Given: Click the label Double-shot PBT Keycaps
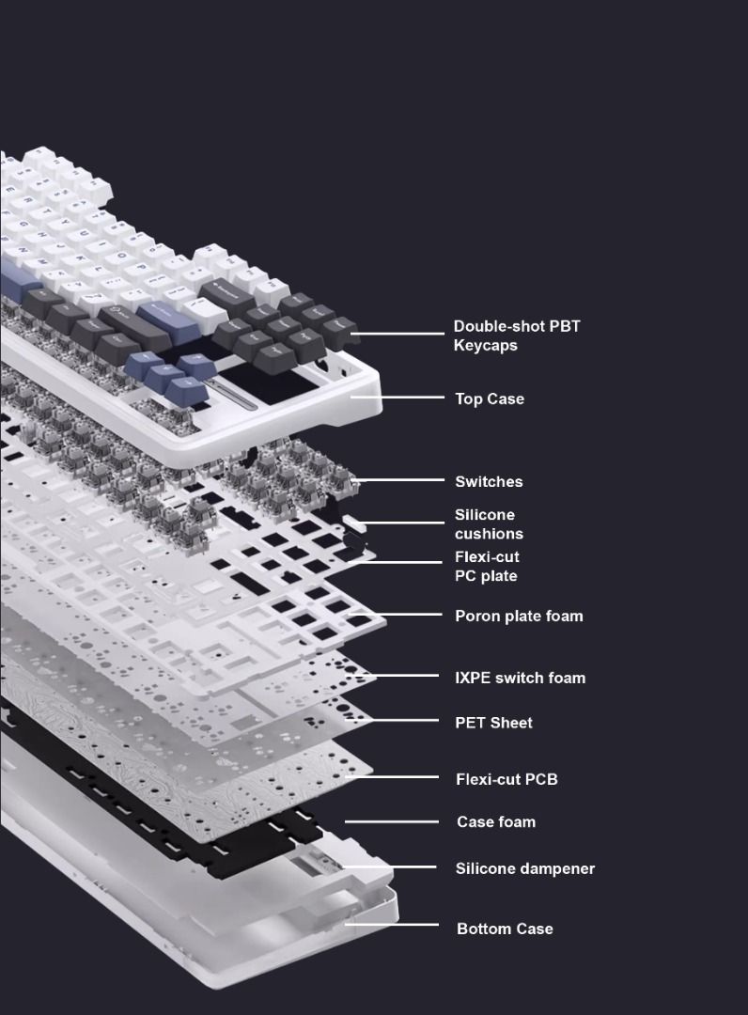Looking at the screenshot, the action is (516, 336).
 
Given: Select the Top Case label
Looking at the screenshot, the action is (490, 398).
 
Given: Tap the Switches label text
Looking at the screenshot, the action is (489, 481).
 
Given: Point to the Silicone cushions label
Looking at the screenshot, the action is (489, 524).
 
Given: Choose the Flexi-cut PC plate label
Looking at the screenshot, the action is (487, 567).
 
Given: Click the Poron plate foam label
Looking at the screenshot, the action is (519, 616).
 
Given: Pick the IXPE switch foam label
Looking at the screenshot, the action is (521, 678).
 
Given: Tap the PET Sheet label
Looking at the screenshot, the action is (493, 723).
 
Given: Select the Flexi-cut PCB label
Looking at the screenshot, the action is (506, 779).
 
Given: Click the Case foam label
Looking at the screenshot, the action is (496, 822).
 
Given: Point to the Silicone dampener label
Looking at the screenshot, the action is (524, 868).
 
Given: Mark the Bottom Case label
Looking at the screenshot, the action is (505, 929).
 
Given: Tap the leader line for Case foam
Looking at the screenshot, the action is (392, 821).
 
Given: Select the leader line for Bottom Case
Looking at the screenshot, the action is (392, 924).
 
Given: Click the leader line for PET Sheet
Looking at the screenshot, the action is (392, 719).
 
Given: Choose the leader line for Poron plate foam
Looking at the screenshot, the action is (396, 614).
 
